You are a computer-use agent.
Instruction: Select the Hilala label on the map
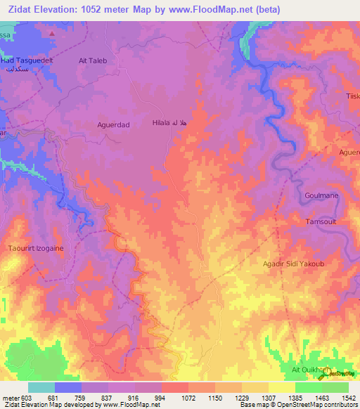(169, 123)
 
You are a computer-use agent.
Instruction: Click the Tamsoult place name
(321, 221)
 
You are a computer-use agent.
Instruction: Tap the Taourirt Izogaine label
(35, 248)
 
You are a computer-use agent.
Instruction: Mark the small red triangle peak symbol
(52, 32)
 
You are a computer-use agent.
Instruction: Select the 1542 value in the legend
(347, 397)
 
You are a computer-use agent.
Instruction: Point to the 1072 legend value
(188, 397)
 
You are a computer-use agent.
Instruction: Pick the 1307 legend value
(268, 397)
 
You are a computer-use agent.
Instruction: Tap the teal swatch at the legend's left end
(41, 387)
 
